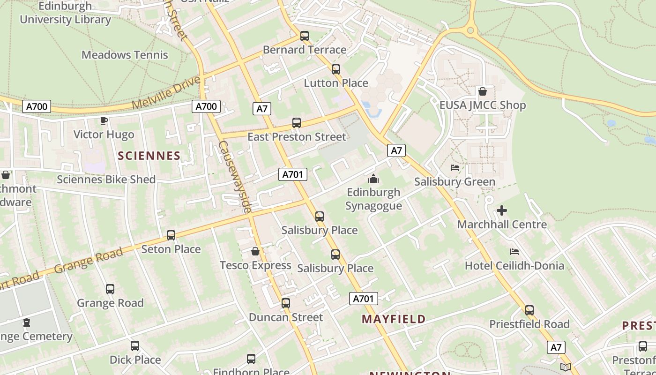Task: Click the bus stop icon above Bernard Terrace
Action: [x=305, y=36]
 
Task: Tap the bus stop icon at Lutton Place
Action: [x=336, y=69]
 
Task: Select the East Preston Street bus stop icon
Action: [x=297, y=123]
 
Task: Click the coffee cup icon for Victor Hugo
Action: [x=104, y=121]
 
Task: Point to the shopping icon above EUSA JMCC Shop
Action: [x=483, y=91]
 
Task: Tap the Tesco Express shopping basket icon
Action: [x=255, y=252]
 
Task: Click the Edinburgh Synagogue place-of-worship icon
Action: [x=373, y=179]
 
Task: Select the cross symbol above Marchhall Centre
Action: [x=502, y=210]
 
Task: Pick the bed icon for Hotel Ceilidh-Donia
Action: [x=514, y=252]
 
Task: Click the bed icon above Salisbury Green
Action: [x=455, y=168]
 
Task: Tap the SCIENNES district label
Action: [x=149, y=156]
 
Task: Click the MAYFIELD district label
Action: [x=394, y=319]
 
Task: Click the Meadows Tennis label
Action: [x=125, y=55]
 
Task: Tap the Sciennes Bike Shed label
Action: [x=106, y=180]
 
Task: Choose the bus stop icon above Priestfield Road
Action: [x=529, y=310]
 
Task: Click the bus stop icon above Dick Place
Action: [x=135, y=346]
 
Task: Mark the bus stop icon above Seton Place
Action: [x=171, y=235]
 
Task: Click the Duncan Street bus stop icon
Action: [x=286, y=303]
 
